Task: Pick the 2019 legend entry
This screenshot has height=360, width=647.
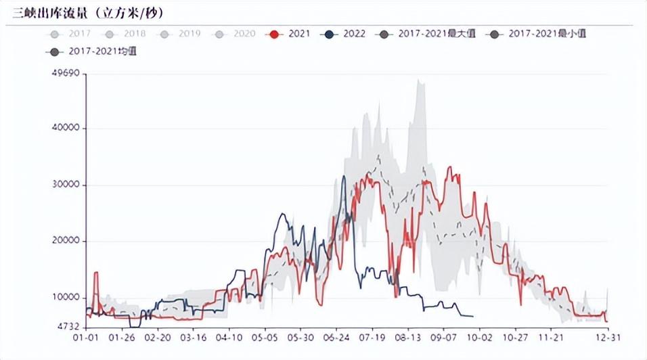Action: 181,33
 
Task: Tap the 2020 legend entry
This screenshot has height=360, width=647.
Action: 236,33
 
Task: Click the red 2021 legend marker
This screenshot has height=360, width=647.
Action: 274,34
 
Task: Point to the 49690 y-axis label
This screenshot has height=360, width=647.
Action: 67,73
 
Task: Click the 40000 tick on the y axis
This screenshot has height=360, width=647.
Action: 67,129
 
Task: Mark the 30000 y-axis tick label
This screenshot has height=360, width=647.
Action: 67,185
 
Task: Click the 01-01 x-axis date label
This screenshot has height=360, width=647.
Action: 85,337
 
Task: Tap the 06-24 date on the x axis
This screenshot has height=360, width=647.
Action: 337,337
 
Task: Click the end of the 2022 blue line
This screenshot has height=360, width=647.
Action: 472,316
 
